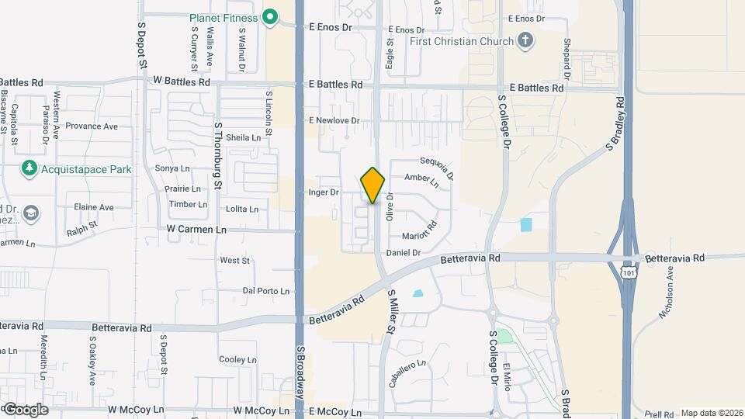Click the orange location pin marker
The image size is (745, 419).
point(373,185)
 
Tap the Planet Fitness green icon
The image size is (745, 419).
point(270,17)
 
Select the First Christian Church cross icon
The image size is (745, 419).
point(525,41)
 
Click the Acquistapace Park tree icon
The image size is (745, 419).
point(29,168)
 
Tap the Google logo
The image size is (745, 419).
point(25,409)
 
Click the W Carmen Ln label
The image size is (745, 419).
point(196,230)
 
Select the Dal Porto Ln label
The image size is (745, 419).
point(266,291)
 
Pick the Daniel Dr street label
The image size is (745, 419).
point(403,252)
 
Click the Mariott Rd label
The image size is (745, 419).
point(420,230)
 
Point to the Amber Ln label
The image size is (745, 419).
point(422,181)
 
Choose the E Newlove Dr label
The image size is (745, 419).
point(334,120)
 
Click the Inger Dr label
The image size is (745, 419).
point(324,192)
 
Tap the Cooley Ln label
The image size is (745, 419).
point(237,359)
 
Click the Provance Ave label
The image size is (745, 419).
point(92,126)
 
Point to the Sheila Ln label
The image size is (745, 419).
point(244,137)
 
